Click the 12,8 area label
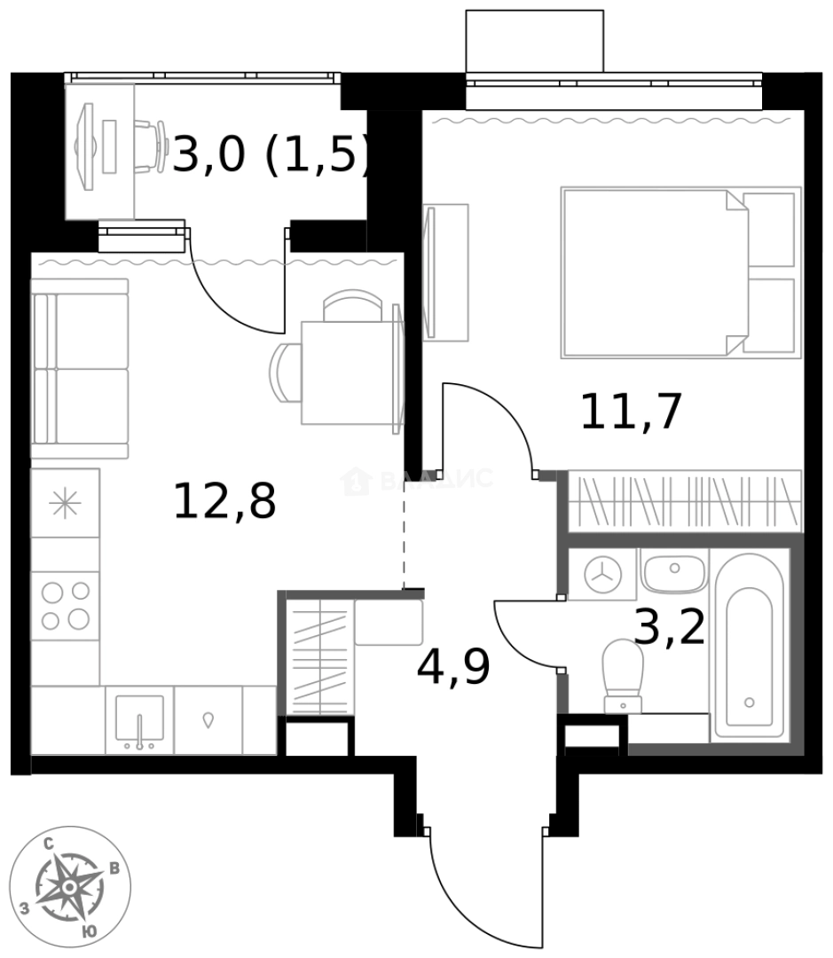(x=224, y=502)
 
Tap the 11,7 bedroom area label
(x=631, y=412)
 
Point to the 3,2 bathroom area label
(x=670, y=628)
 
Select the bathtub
(x=750, y=646)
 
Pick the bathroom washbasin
(x=673, y=573)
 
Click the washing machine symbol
(x=602, y=574)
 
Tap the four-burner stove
(x=65, y=606)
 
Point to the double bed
(x=680, y=272)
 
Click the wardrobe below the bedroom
(x=684, y=501)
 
